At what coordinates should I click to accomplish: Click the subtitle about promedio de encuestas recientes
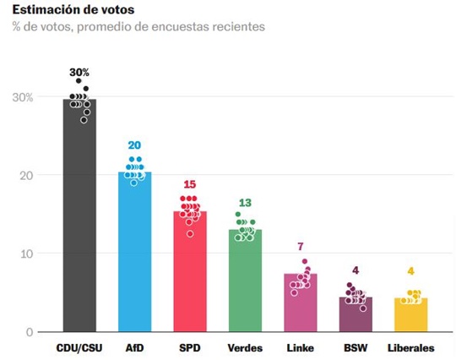(138, 27)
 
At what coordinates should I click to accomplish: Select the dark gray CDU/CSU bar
(80, 220)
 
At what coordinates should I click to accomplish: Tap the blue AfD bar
(135, 254)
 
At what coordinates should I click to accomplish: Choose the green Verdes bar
(245, 283)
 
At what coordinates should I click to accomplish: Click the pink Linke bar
(300, 304)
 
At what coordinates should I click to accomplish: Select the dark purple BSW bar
(355, 315)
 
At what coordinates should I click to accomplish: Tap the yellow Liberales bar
(410, 315)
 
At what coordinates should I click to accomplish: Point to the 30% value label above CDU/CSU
(80, 73)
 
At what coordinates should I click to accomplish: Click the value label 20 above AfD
(135, 145)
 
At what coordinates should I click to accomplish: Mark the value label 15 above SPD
(190, 185)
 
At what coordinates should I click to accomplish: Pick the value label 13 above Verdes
(245, 202)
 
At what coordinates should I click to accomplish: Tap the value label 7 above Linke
(300, 246)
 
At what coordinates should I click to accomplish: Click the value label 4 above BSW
(355, 270)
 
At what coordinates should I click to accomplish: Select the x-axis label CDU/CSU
(80, 348)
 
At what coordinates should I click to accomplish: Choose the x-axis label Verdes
(245, 348)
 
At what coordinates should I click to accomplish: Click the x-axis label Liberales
(410, 348)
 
